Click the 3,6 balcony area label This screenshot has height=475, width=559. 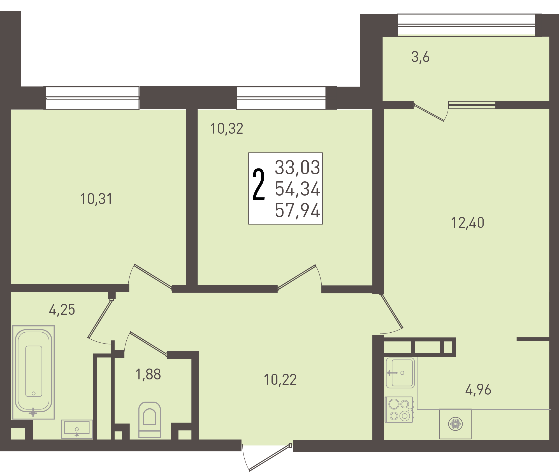pyautogui.click(x=420, y=57)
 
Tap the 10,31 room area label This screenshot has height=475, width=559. pyautogui.click(x=96, y=199)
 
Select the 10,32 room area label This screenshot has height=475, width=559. pyautogui.click(x=227, y=129)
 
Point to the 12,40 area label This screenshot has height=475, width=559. pyautogui.click(x=468, y=223)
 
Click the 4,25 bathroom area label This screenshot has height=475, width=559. pyautogui.click(x=62, y=310)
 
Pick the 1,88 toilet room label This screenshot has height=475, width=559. pyautogui.click(x=148, y=374)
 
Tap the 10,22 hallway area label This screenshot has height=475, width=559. pyautogui.click(x=280, y=380)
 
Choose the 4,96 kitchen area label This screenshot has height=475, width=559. pyautogui.click(x=478, y=390)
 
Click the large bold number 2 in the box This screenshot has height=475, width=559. pyautogui.click(x=259, y=185)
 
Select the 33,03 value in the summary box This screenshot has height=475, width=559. pyautogui.click(x=297, y=168)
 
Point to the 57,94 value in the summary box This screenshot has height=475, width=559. pyautogui.click(x=297, y=210)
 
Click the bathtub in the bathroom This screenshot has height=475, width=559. pyautogui.click(x=33, y=372)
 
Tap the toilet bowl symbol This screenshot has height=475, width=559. pyautogui.click(x=150, y=420)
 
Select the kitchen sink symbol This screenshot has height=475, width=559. pyautogui.click(x=400, y=373)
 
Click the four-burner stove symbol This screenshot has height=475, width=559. pyautogui.click(x=399, y=409)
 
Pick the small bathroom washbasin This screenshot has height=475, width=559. pyautogui.click(x=77, y=429)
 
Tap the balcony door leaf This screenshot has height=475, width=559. pyautogui.click(x=428, y=112)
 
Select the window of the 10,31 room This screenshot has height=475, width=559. pyautogui.click(x=92, y=98)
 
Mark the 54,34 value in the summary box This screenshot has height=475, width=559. pyautogui.click(x=297, y=189)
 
